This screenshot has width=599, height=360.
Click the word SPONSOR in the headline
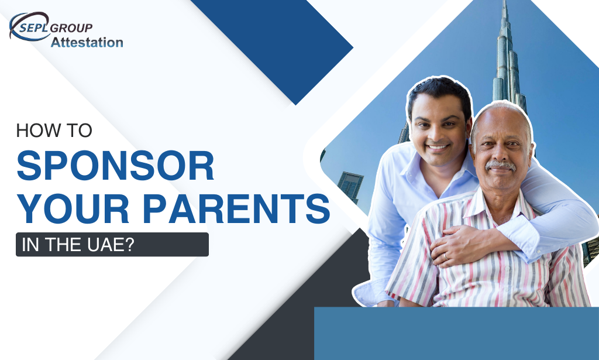(x=115, y=166)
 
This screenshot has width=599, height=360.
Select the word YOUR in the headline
(x=73, y=208)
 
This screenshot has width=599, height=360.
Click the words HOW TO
(x=54, y=131)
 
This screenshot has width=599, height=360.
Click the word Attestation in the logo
(x=87, y=42)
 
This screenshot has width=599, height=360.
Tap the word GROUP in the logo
(x=71, y=28)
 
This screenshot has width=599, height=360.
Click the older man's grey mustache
(x=500, y=166)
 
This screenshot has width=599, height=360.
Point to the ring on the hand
(x=446, y=256)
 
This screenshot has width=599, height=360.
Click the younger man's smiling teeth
(x=438, y=147)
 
